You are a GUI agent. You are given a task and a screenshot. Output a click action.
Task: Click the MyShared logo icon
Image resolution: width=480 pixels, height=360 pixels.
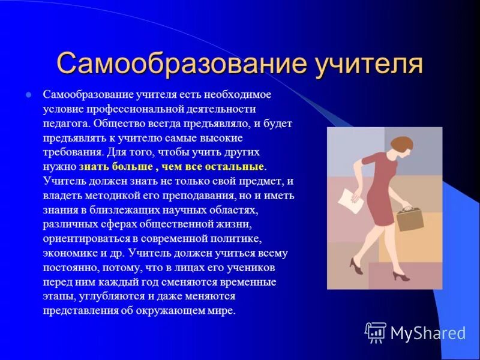[x=376, y=332]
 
